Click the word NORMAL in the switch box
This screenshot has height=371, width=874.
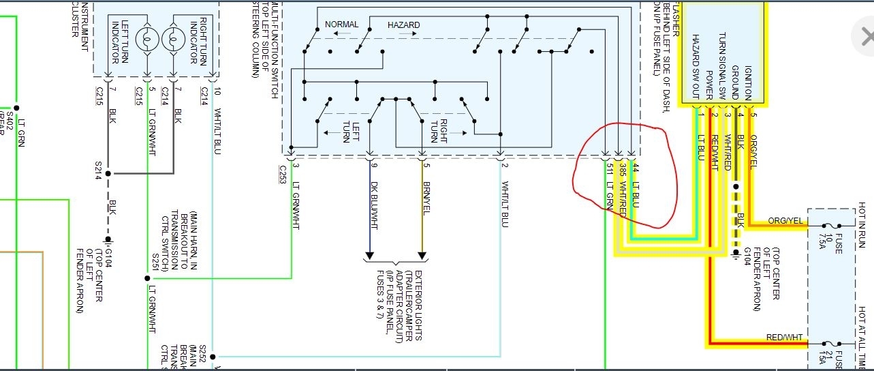341,25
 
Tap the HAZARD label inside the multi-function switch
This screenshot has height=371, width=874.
403,25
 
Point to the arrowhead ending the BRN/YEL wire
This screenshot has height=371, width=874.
422,257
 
